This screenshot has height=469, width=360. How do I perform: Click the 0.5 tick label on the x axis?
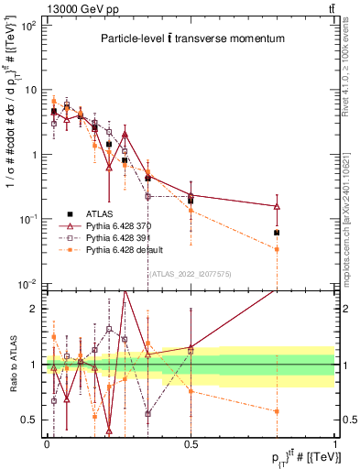pyautogui.click(x=191, y=442)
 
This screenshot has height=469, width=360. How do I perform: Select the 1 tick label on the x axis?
pyautogui.click(x=335, y=442)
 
